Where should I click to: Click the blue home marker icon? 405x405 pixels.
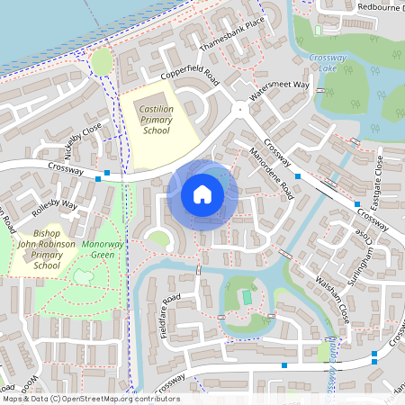tap(202, 193)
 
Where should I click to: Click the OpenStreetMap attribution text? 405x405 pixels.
tap(90, 399)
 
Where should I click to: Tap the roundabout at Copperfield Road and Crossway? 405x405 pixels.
tap(239, 110)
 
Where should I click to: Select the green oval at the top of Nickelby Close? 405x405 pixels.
tap(102, 60)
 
